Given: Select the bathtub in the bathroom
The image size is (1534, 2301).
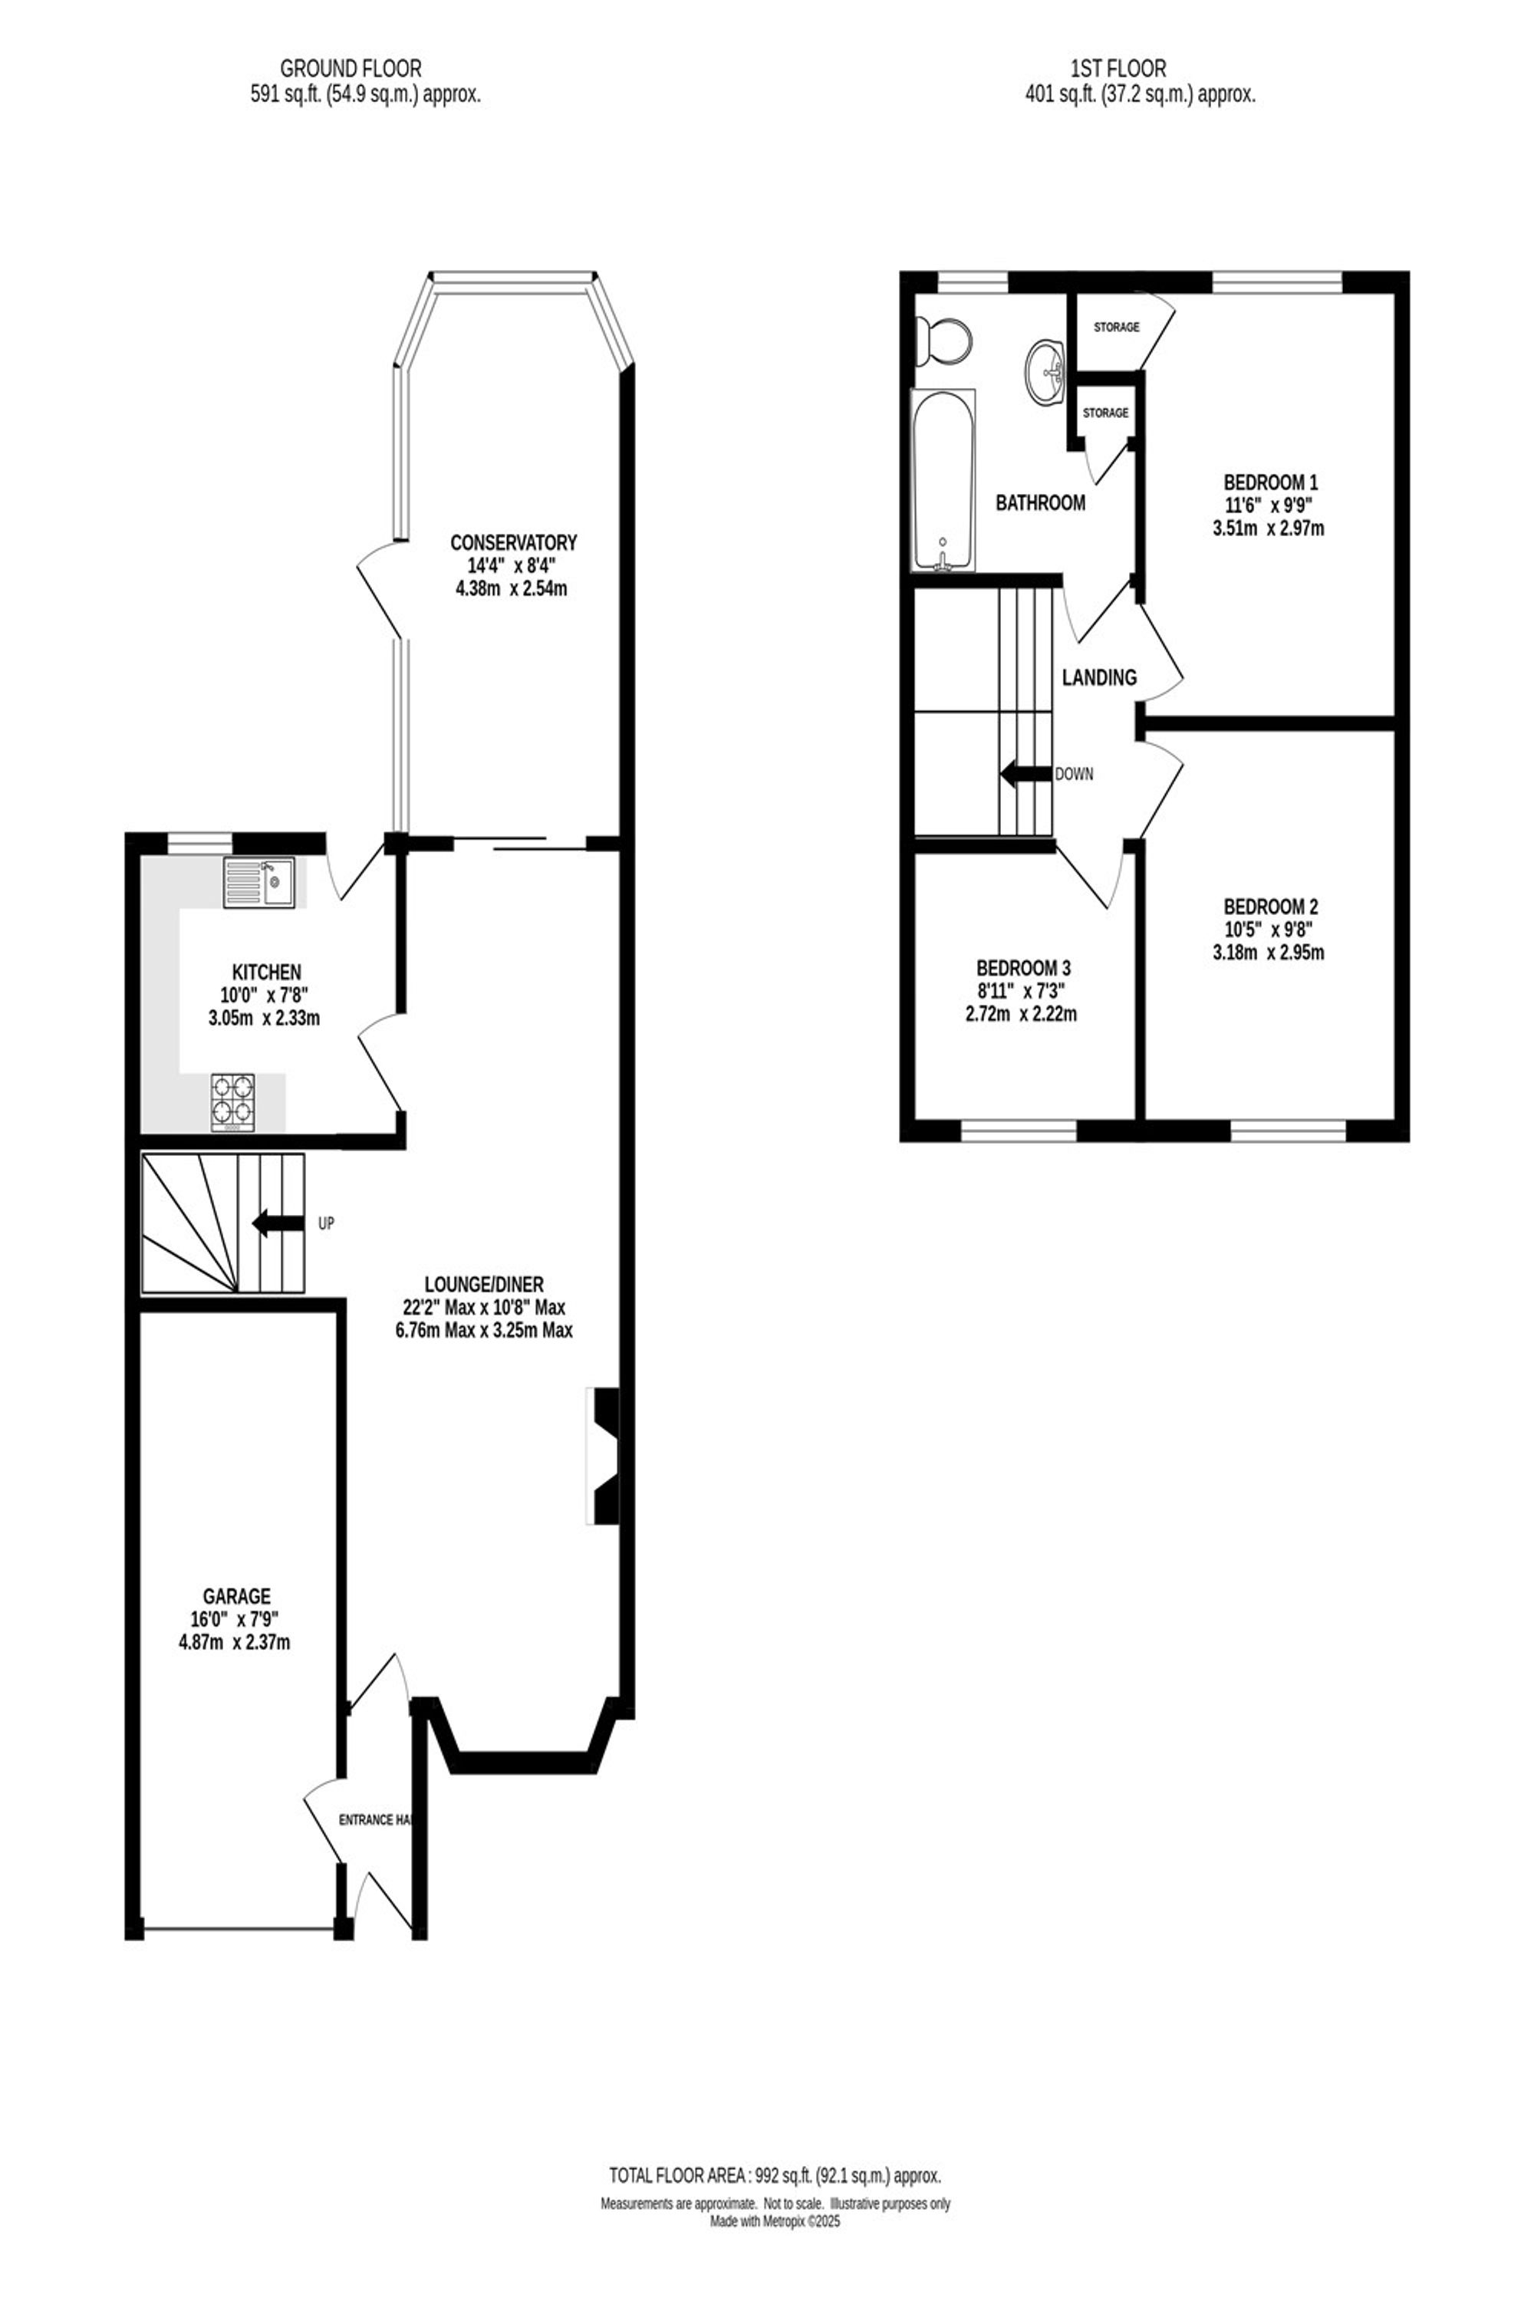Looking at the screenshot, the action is click(x=943, y=479).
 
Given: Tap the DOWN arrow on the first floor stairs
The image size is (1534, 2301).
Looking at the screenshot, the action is click(x=1024, y=774).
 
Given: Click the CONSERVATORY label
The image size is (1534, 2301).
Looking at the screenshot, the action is click(x=514, y=542).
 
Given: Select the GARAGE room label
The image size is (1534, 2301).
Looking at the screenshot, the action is click(x=237, y=1597).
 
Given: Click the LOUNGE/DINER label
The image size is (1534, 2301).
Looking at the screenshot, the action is click(x=483, y=1283).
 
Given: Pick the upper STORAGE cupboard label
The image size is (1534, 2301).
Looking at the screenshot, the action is click(x=1116, y=327).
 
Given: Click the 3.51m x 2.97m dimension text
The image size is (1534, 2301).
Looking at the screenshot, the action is click(x=1269, y=529).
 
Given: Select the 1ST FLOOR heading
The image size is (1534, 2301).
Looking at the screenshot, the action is click(x=1119, y=68).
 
